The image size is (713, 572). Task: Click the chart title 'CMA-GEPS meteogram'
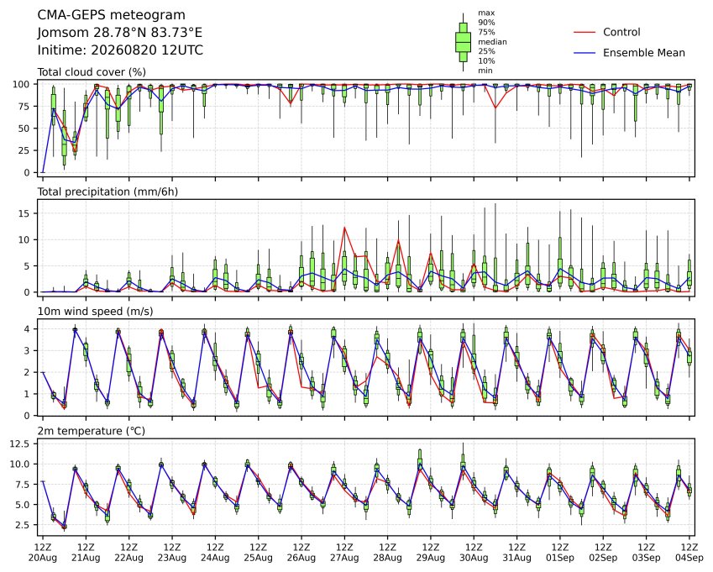(112, 15)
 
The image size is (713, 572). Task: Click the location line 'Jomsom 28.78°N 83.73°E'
(120, 33)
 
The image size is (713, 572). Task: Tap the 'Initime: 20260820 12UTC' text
(120, 50)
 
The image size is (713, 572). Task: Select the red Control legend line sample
(585, 32)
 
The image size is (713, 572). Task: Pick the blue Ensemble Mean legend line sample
(585, 53)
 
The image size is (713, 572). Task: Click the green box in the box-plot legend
(463, 42)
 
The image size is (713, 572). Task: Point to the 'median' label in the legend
(492, 42)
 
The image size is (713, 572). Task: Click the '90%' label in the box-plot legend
(486, 23)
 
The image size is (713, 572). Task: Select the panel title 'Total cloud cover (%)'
(92, 72)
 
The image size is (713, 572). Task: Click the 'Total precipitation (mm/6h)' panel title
(107, 192)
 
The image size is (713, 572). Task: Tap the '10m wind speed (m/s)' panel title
(95, 312)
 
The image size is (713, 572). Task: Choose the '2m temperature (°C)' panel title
(91, 431)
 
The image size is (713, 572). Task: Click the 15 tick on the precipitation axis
(24, 213)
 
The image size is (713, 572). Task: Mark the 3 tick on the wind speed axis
(27, 350)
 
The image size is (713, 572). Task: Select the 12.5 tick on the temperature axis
(19, 443)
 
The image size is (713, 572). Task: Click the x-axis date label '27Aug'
(344, 558)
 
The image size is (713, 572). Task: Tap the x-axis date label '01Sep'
(560, 558)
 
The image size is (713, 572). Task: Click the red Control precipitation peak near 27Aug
(344, 228)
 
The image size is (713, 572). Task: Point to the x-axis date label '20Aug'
(43, 558)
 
